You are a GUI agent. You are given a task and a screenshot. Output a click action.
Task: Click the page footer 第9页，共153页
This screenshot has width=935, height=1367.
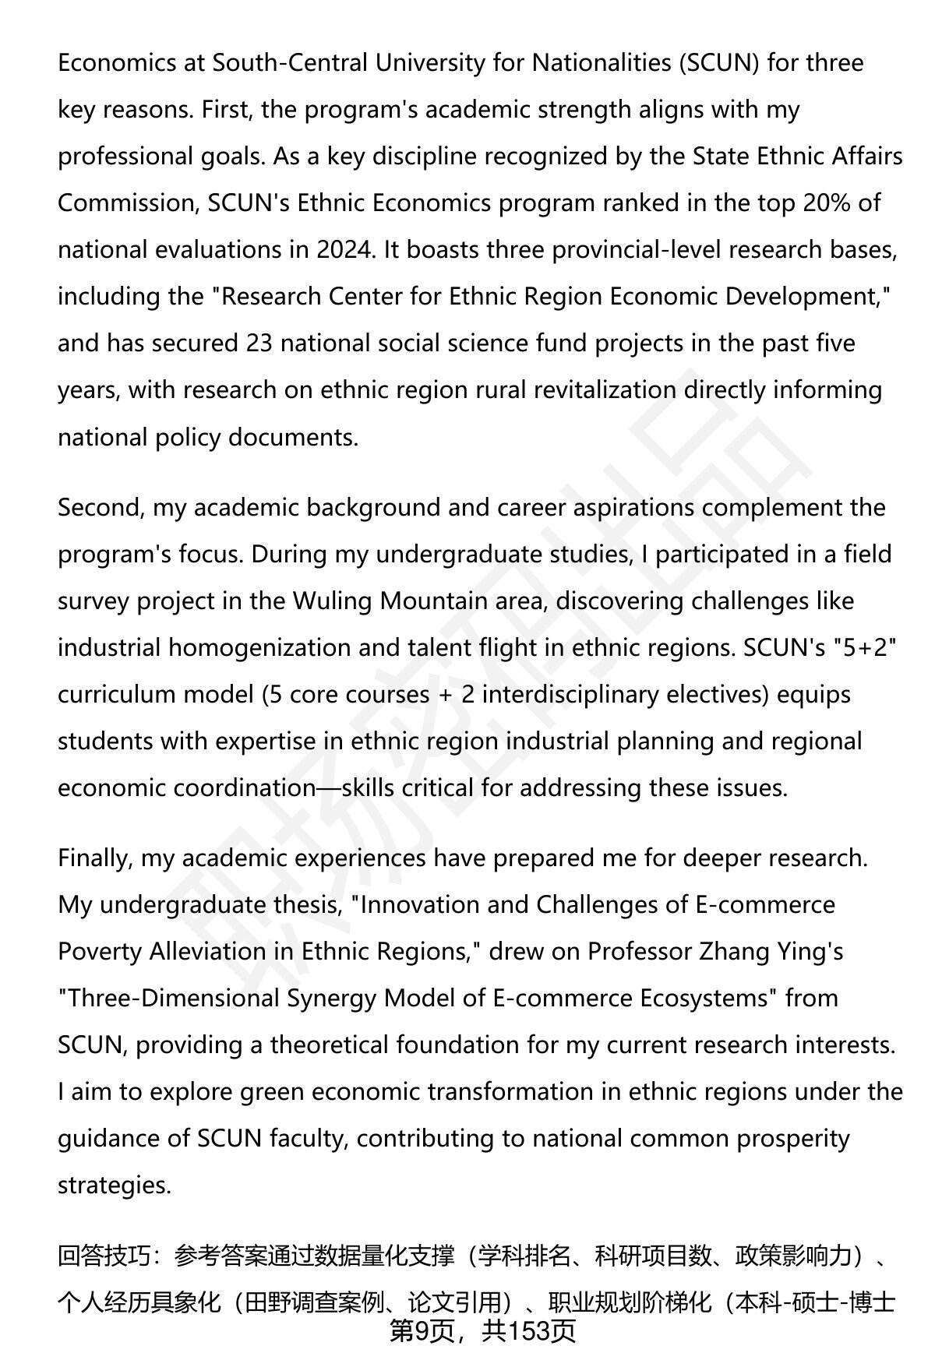(x=482, y=1331)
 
